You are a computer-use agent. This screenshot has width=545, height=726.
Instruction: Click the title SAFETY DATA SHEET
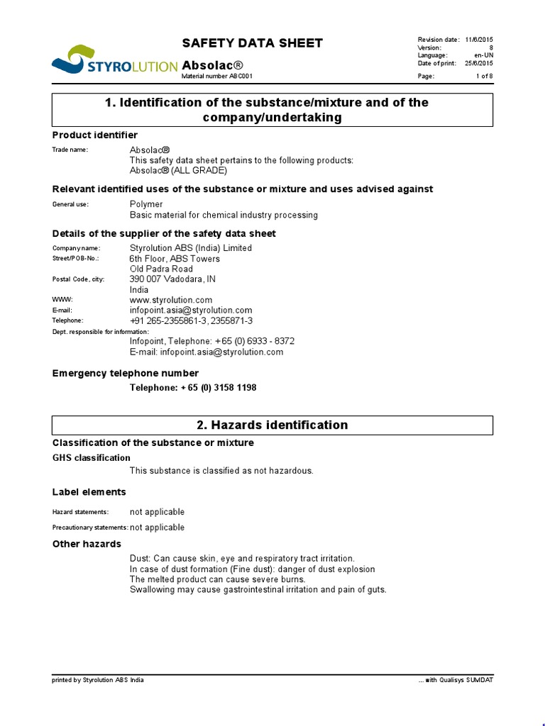point(253,43)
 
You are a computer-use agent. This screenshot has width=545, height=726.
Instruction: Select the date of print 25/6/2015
point(479,64)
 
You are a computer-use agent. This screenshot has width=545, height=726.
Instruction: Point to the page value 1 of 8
point(484,77)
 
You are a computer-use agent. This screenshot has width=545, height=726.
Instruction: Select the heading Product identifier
point(95,135)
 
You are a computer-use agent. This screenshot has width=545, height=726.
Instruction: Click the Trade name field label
point(70,150)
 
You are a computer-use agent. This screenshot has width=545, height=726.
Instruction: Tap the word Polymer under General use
point(146,204)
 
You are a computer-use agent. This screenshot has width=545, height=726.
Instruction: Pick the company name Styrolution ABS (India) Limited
point(191,248)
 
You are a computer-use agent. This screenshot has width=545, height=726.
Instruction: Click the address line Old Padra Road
point(161,269)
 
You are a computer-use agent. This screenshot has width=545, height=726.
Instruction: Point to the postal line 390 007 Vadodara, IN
point(172,279)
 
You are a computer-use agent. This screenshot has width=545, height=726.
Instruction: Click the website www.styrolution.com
point(171,300)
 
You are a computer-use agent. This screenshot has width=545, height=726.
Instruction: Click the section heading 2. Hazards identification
point(272,425)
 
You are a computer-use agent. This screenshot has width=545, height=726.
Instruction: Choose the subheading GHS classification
point(92,458)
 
